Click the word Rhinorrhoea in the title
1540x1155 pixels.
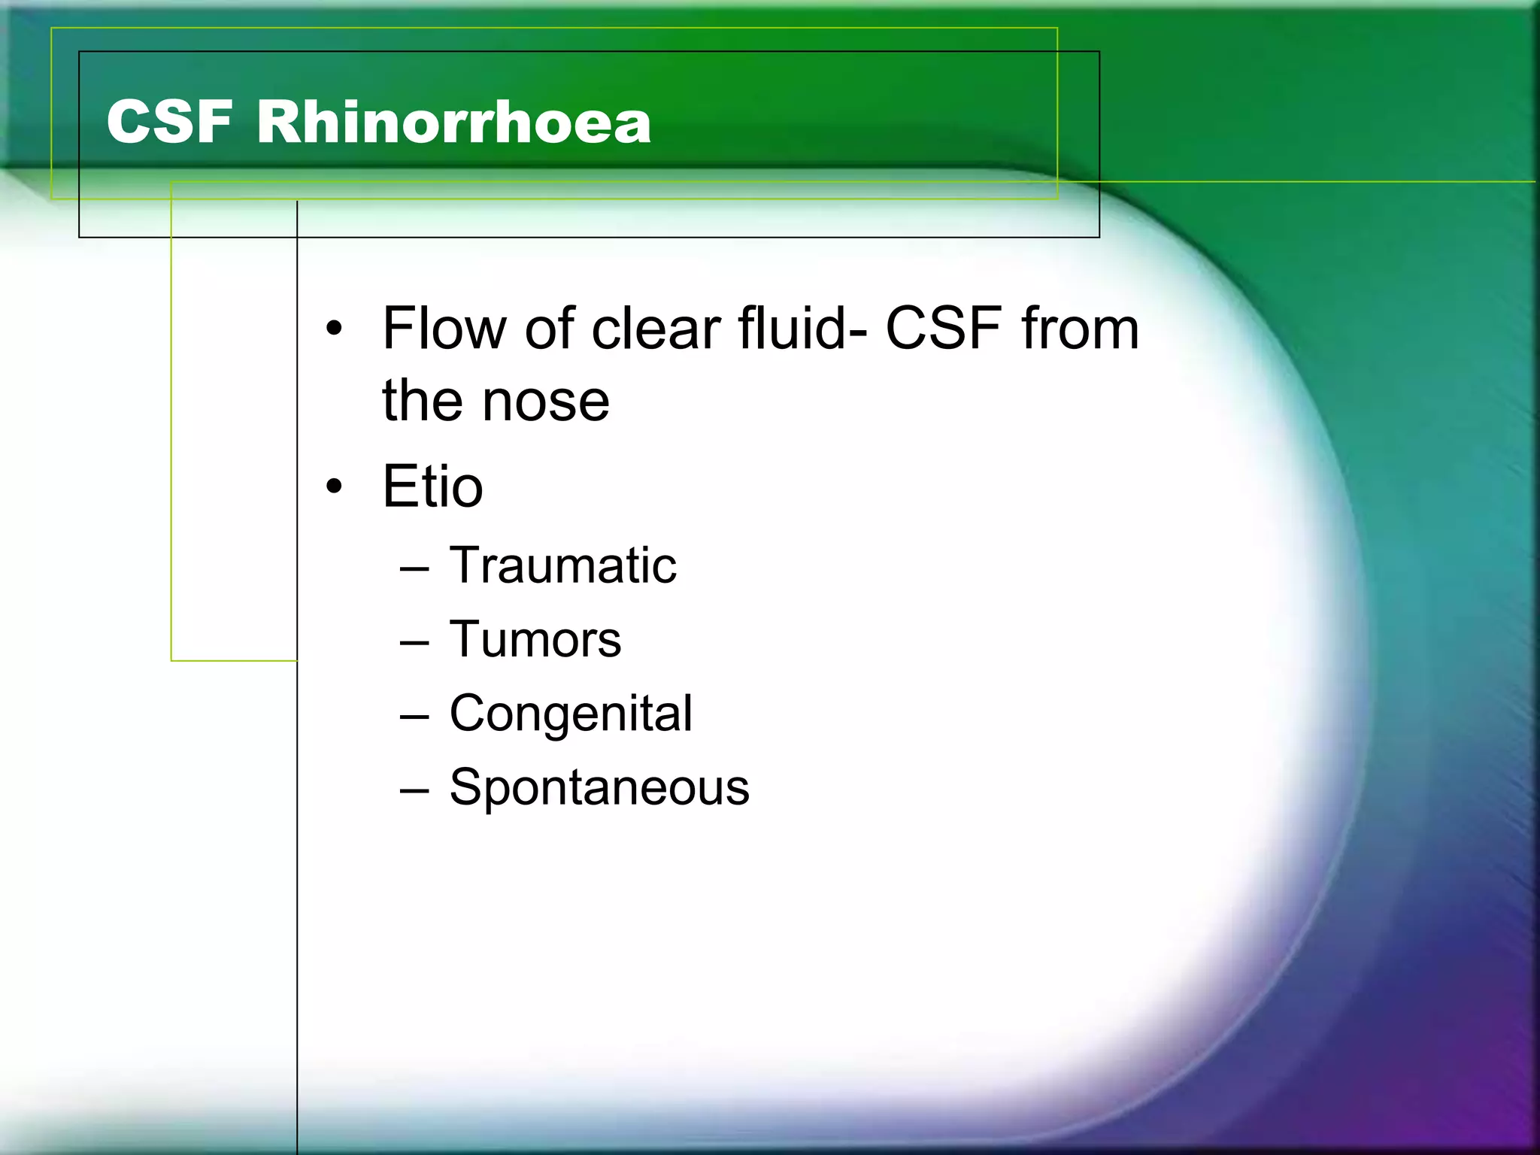[453, 122]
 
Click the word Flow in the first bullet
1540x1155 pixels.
[444, 329]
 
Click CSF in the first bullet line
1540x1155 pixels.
[944, 329]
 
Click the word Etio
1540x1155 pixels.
[432, 487]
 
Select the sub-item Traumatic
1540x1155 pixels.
[562, 565]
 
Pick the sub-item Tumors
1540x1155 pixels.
[535, 640]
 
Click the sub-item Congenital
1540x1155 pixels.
[571, 714]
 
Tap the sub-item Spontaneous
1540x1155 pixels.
[599, 788]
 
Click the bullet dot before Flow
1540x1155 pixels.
[335, 329]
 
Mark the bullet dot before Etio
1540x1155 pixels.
[335, 487]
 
